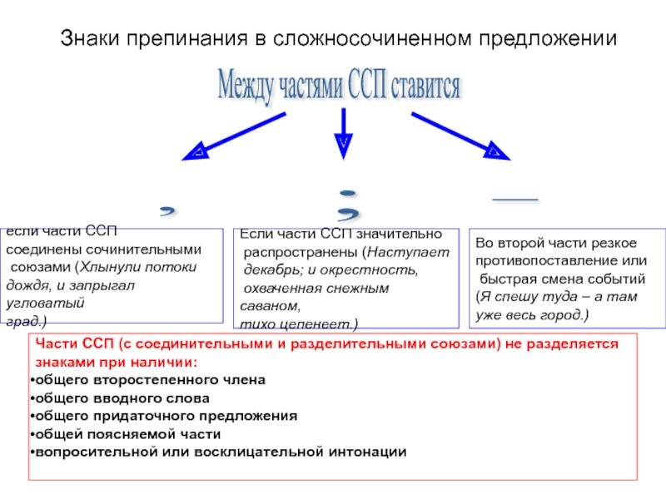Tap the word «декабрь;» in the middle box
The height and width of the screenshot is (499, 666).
click(x=269, y=270)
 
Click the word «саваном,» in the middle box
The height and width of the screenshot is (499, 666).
click(x=263, y=305)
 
